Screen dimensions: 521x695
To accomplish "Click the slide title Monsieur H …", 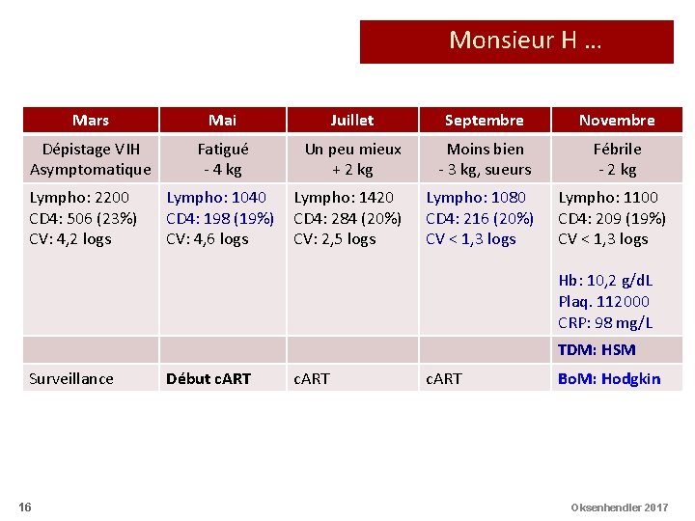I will [524, 41].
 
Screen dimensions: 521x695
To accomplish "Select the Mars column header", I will [91, 121].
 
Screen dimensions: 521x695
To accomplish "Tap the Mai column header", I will [222, 121].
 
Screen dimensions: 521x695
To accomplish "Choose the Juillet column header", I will [352, 121].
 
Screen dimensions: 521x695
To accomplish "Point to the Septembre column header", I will [484, 121].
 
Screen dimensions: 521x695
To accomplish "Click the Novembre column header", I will [616, 121].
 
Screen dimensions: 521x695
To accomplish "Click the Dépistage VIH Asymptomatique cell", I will [91, 159].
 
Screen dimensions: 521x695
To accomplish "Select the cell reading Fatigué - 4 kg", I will [222, 159].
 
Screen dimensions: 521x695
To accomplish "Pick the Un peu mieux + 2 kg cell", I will [352, 159].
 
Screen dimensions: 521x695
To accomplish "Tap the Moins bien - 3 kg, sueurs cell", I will [484, 159].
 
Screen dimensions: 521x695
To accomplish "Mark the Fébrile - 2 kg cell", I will [617, 159].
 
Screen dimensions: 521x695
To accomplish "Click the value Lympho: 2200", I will [79, 198].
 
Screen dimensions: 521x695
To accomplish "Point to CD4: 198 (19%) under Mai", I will [220, 218].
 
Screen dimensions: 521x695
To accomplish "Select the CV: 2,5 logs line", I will [334, 239].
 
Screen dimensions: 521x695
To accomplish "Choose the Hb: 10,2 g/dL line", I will [605, 281].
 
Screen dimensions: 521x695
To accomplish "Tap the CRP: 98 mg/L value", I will [605, 323].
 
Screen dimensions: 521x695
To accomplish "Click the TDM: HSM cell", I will [597, 350].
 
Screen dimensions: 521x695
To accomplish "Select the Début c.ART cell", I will [208, 378].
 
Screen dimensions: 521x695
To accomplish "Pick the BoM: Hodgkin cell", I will [609, 378].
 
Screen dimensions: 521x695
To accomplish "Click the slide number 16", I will [24, 507].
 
